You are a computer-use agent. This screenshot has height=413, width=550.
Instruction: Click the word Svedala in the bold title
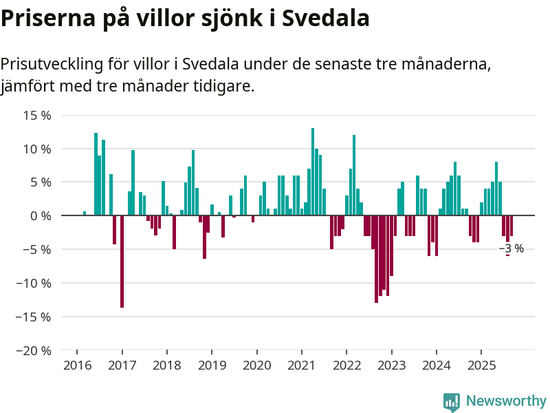326,18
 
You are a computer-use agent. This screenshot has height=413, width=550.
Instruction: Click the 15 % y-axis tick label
37,115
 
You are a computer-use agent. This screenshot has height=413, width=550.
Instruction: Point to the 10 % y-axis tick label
37,149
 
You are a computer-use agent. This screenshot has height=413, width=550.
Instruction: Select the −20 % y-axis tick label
34,350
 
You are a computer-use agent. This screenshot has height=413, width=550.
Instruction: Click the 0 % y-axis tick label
41,215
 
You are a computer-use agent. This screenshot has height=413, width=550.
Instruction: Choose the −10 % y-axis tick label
34,283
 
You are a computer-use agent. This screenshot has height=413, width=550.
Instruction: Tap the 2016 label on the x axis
77,365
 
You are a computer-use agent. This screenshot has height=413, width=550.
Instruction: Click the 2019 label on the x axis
212,365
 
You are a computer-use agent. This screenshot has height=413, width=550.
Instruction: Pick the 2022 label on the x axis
346,365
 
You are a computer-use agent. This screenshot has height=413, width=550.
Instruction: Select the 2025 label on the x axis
481,365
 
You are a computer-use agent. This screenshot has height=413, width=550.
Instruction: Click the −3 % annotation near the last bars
511,248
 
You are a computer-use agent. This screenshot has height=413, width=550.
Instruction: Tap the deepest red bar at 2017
122,262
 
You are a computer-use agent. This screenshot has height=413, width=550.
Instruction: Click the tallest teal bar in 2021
313,172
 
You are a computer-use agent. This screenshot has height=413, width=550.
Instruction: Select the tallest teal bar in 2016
96,174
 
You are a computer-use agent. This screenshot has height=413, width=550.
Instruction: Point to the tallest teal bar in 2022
354,176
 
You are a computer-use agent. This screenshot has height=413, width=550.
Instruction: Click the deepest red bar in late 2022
377,259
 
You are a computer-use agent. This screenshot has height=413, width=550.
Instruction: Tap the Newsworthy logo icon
452,401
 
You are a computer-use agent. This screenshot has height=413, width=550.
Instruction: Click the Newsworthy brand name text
506,401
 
